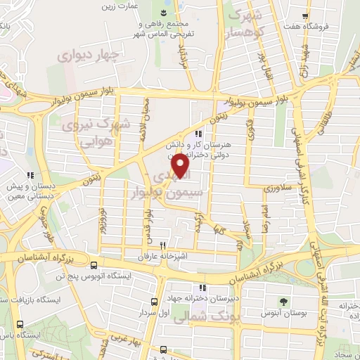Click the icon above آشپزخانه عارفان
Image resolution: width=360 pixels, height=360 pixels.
click(x=163, y=246)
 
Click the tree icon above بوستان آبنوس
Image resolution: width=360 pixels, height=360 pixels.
click(x=284, y=300)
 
